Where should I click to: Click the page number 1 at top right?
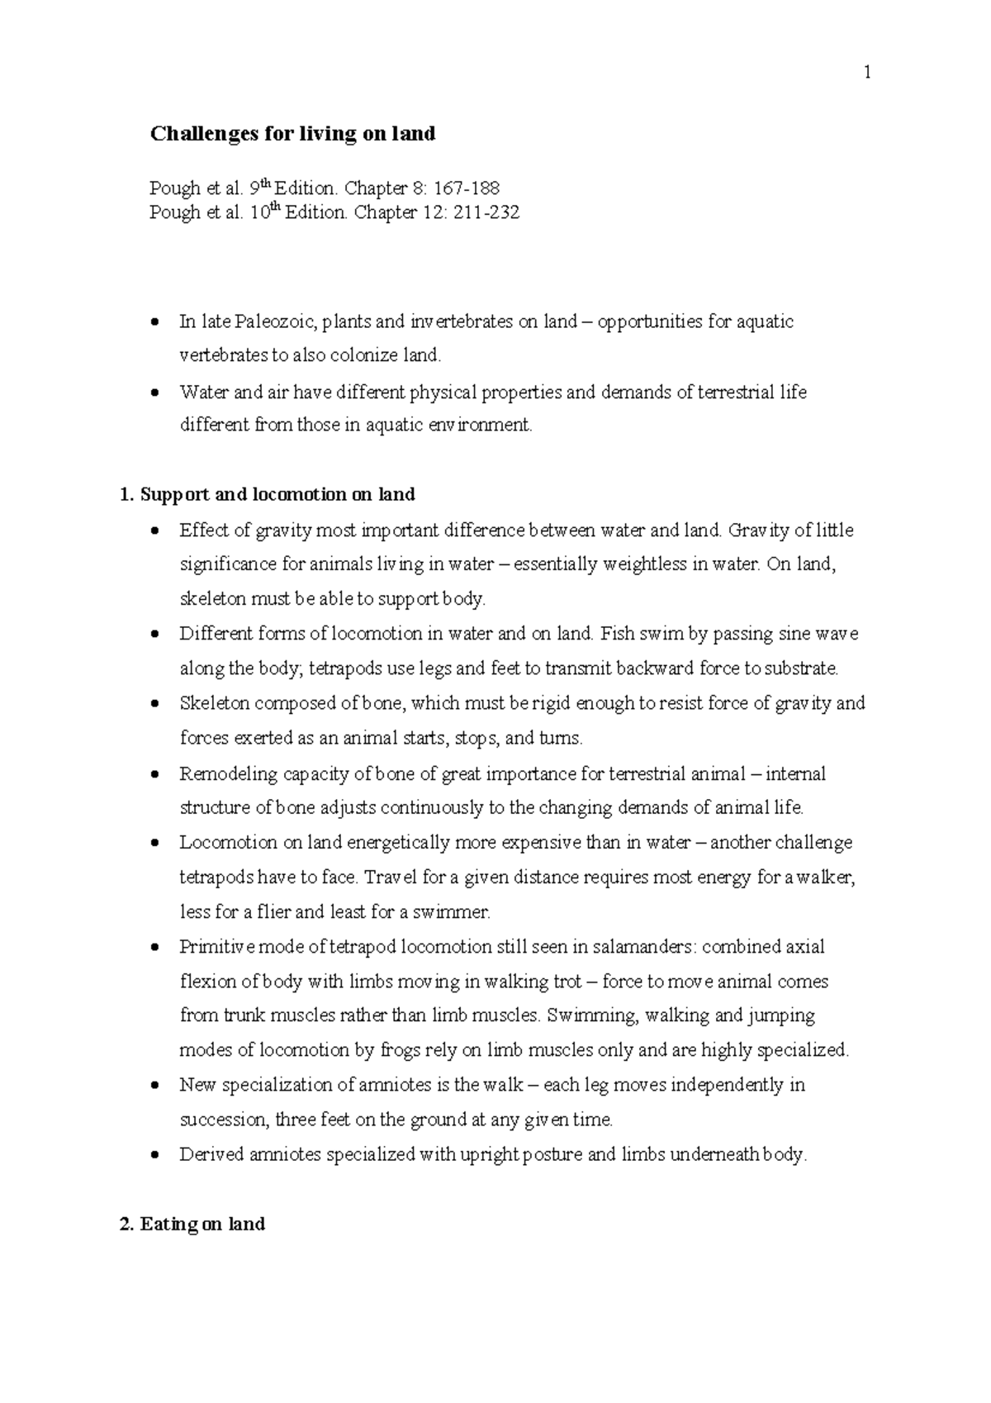point(867,73)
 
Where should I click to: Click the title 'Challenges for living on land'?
point(292,134)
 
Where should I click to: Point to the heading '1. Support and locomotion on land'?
point(268,495)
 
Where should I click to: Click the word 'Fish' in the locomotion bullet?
point(616,634)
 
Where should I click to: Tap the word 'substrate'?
point(799,668)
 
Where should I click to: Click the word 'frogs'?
point(399,1051)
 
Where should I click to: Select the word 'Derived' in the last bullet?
point(206,1155)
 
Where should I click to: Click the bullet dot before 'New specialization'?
point(154,1086)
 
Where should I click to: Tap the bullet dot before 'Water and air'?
point(154,392)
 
